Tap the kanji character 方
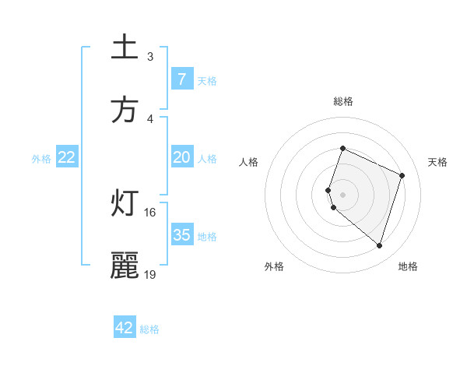[125, 110]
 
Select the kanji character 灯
[125, 204]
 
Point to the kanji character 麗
[125, 266]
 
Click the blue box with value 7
[181, 79]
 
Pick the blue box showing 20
[181, 157]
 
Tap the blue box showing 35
[181, 235]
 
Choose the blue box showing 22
[67, 157]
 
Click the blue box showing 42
[125, 328]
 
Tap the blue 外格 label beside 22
[41, 158]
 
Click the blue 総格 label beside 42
[149, 329]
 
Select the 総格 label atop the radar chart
[342, 101]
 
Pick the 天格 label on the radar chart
[437, 162]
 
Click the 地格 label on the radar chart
[408, 266]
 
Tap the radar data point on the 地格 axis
[379, 245]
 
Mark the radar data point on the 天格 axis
[402, 175]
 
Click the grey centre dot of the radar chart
[342, 194]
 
